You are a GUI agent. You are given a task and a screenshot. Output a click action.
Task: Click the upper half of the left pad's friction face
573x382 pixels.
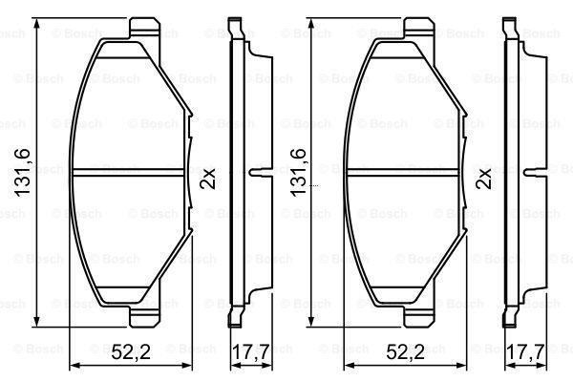pyautogui.click(x=129, y=105)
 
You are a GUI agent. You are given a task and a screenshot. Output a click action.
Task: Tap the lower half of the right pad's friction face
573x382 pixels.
pyautogui.click(x=401, y=239)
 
